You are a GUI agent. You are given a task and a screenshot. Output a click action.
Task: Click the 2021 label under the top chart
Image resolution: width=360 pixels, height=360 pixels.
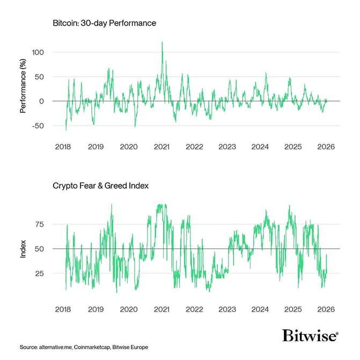point(161,146)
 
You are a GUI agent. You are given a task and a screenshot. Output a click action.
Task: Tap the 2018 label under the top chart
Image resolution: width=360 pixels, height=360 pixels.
point(63,146)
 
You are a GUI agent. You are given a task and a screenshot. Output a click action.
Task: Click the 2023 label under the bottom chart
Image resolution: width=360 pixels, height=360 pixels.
point(227,309)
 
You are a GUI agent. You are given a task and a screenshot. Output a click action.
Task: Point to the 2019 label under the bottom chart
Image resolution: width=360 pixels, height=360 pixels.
point(95,309)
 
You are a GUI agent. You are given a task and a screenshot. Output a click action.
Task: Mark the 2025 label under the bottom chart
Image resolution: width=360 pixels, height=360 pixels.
point(293,309)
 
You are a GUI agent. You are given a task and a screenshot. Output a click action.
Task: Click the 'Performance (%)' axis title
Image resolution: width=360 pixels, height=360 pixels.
point(23,89)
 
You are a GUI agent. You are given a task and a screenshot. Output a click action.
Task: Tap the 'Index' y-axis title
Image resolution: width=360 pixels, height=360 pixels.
point(23,248)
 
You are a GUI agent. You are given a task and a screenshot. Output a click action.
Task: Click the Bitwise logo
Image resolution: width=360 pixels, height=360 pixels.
point(310,336)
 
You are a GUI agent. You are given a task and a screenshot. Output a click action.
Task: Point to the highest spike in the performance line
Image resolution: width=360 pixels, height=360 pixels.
point(162,42)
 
